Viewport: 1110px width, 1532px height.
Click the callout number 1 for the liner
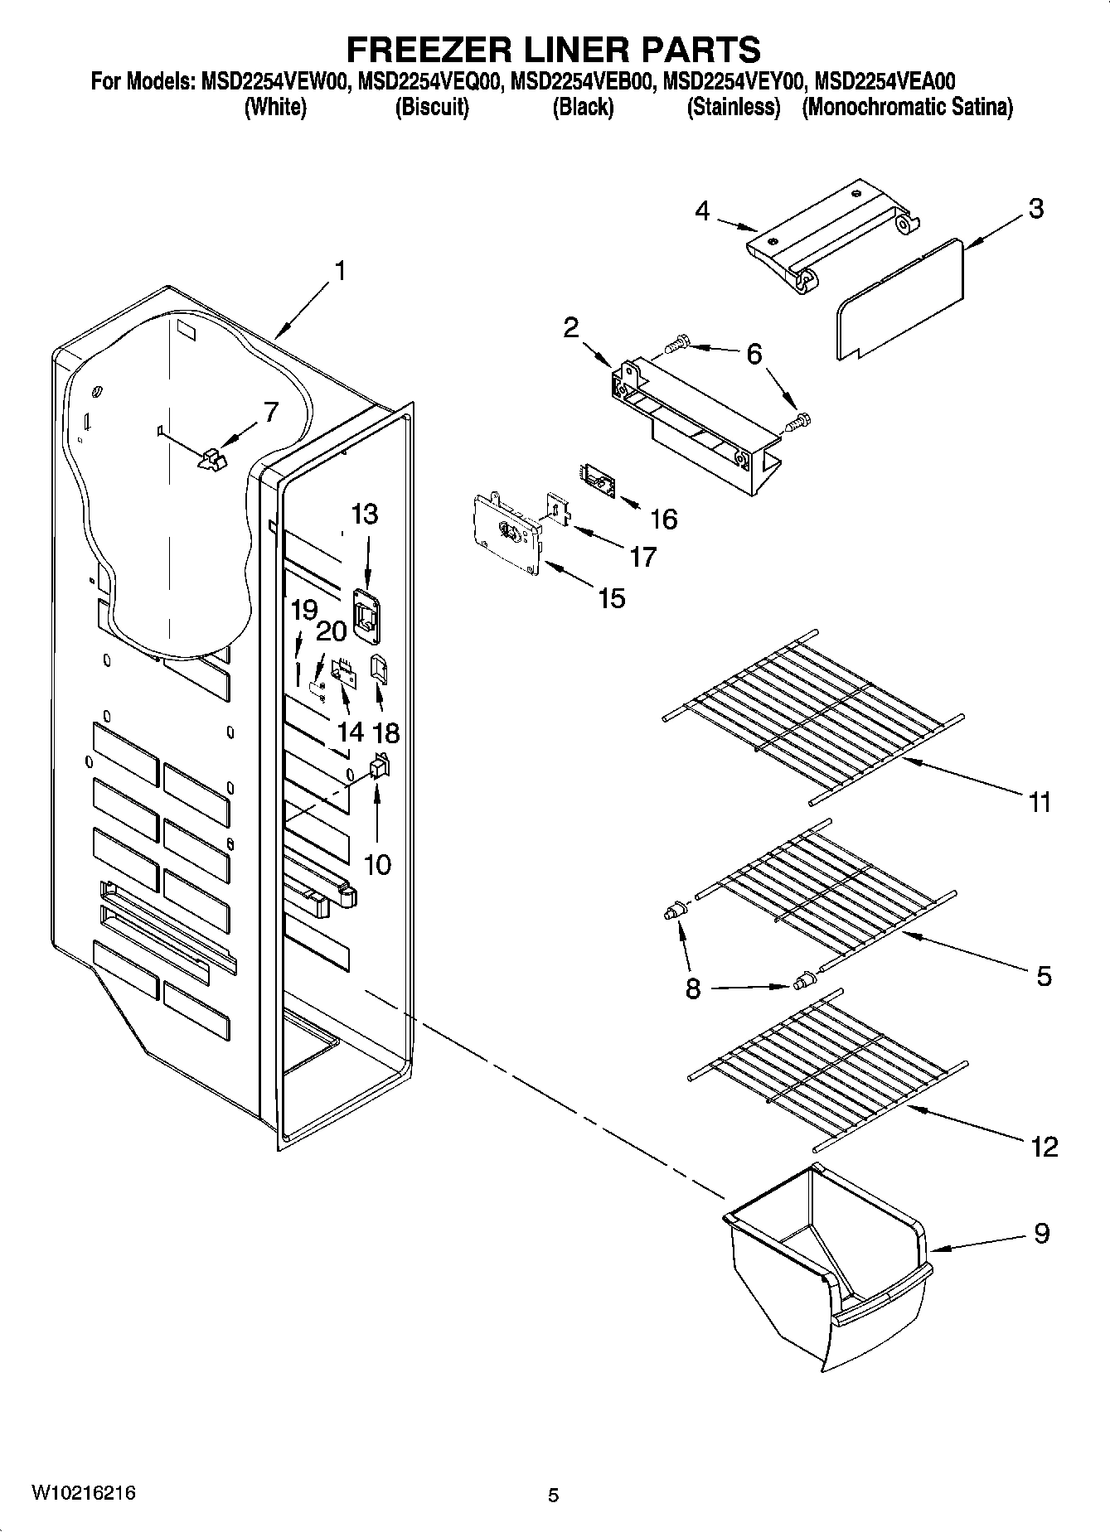(339, 271)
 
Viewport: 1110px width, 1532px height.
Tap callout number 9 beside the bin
(1042, 1234)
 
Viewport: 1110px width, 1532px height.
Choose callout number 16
(663, 520)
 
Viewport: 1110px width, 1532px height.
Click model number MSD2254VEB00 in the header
(584, 82)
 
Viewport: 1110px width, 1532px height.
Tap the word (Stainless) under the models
(734, 108)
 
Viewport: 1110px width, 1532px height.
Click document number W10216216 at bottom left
(83, 1493)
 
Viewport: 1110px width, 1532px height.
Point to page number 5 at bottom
(554, 1495)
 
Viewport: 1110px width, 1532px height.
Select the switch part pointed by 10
(379, 767)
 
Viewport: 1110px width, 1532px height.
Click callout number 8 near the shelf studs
(693, 988)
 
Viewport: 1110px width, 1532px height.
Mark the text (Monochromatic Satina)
(907, 108)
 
